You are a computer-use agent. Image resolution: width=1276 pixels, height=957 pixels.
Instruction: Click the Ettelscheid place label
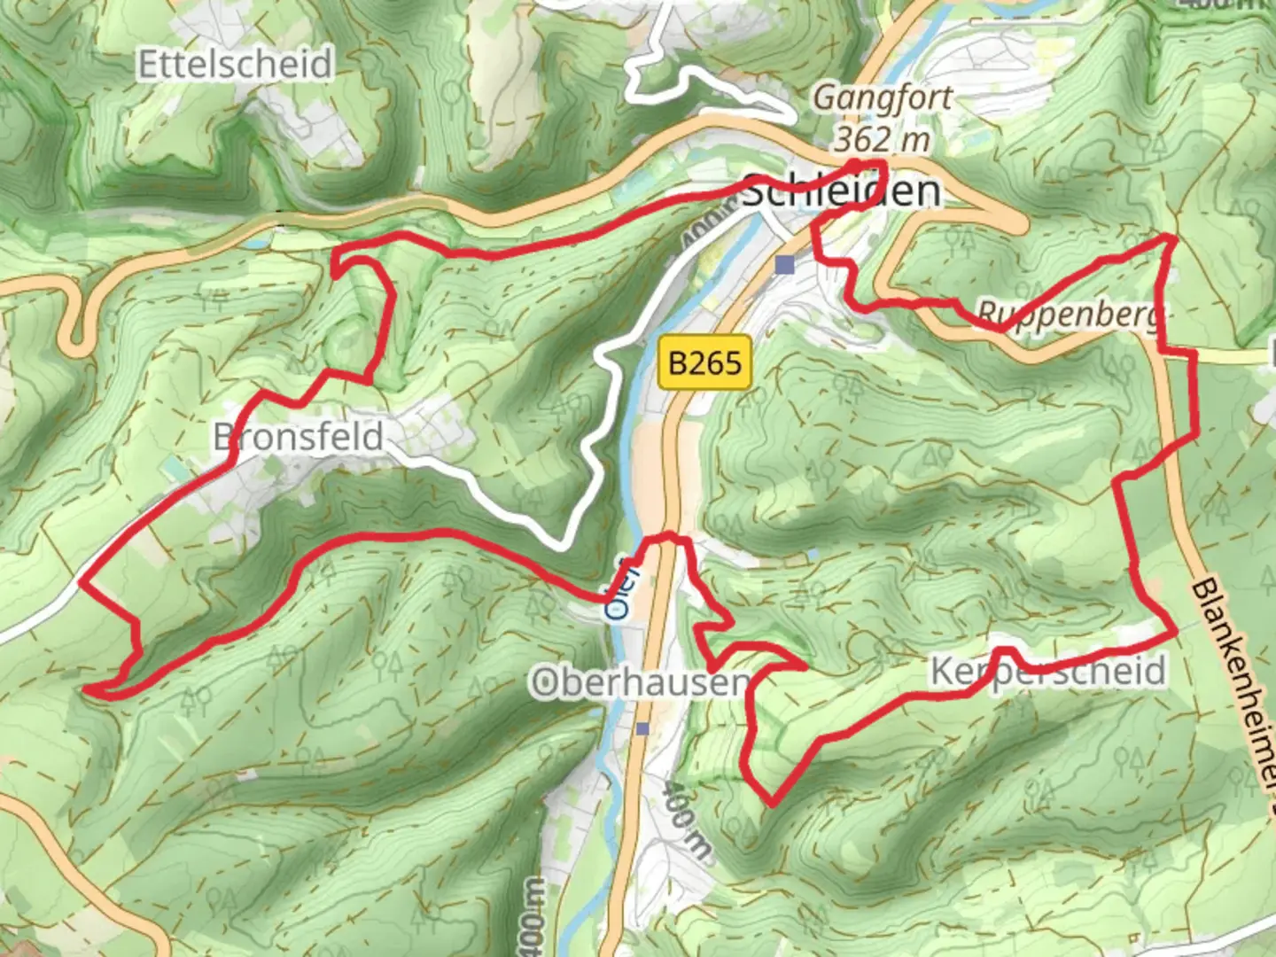[235, 65]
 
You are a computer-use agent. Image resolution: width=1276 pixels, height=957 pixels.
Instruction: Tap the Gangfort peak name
[883, 97]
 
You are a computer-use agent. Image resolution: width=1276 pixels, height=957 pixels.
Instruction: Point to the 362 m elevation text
[883, 138]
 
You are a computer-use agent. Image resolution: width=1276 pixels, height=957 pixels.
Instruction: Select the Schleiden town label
[840, 191]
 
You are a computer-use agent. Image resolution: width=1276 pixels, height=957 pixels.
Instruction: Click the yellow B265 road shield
[704, 362]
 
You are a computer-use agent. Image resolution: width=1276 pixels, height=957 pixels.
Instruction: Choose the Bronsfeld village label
[299, 437]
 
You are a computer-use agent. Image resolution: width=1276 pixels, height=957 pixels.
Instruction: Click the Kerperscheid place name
[1047, 672]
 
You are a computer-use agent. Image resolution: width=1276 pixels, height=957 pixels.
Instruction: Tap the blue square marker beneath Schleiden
[784, 264]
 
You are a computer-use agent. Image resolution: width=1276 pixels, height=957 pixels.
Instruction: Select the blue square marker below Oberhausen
[642, 728]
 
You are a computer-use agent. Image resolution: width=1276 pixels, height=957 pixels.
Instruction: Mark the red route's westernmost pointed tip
[86, 688]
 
